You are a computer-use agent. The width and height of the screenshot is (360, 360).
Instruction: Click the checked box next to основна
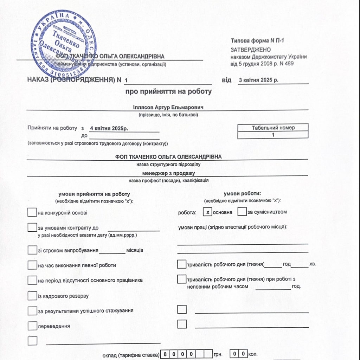pyautogui.click(x=208, y=212)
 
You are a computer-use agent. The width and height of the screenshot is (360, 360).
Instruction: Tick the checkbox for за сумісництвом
pyautogui.click(x=242, y=212)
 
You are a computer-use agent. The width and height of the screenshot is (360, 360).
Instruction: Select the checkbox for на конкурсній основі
pyautogui.click(x=32, y=212)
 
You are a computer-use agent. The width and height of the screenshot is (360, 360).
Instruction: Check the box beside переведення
pyautogui.click(x=32, y=326)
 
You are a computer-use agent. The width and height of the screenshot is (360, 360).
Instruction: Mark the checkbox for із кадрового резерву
pyautogui.click(x=32, y=296)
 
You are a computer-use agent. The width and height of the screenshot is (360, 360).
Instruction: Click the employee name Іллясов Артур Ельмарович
pyautogui.click(x=169, y=107)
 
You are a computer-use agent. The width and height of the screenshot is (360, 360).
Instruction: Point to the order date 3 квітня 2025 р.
pyautogui.click(x=258, y=80)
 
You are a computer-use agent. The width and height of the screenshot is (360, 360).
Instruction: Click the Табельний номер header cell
pyautogui.click(x=273, y=128)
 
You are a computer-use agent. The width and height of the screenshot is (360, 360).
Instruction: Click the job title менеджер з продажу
pyautogui.click(x=168, y=173)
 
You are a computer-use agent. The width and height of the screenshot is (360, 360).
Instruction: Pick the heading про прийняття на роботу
pyautogui.click(x=169, y=92)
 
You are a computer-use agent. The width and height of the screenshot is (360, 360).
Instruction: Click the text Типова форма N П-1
pyautogui.click(x=257, y=41)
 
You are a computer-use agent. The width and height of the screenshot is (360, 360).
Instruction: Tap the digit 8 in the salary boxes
pyautogui.click(x=165, y=354)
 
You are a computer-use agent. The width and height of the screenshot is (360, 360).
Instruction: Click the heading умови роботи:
pyautogui.click(x=242, y=193)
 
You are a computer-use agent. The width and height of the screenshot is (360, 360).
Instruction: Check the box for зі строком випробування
pyautogui.click(x=32, y=250)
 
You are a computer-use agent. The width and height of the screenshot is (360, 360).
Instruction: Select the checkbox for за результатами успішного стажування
pyautogui.click(x=32, y=311)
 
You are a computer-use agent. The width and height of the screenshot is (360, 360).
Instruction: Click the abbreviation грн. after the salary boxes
pyautogui.click(x=218, y=354)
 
